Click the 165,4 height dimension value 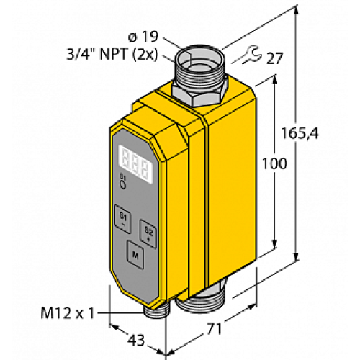tap(300, 133)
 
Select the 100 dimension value tap(274, 164)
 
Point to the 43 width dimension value tap(136, 340)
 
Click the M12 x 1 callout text tap(68, 313)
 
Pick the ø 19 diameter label tap(143, 37)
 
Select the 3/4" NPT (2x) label tap(112, 55)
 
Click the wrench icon tap(251, 55)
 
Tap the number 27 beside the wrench tap(274, 58)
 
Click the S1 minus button tap(123, 219)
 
